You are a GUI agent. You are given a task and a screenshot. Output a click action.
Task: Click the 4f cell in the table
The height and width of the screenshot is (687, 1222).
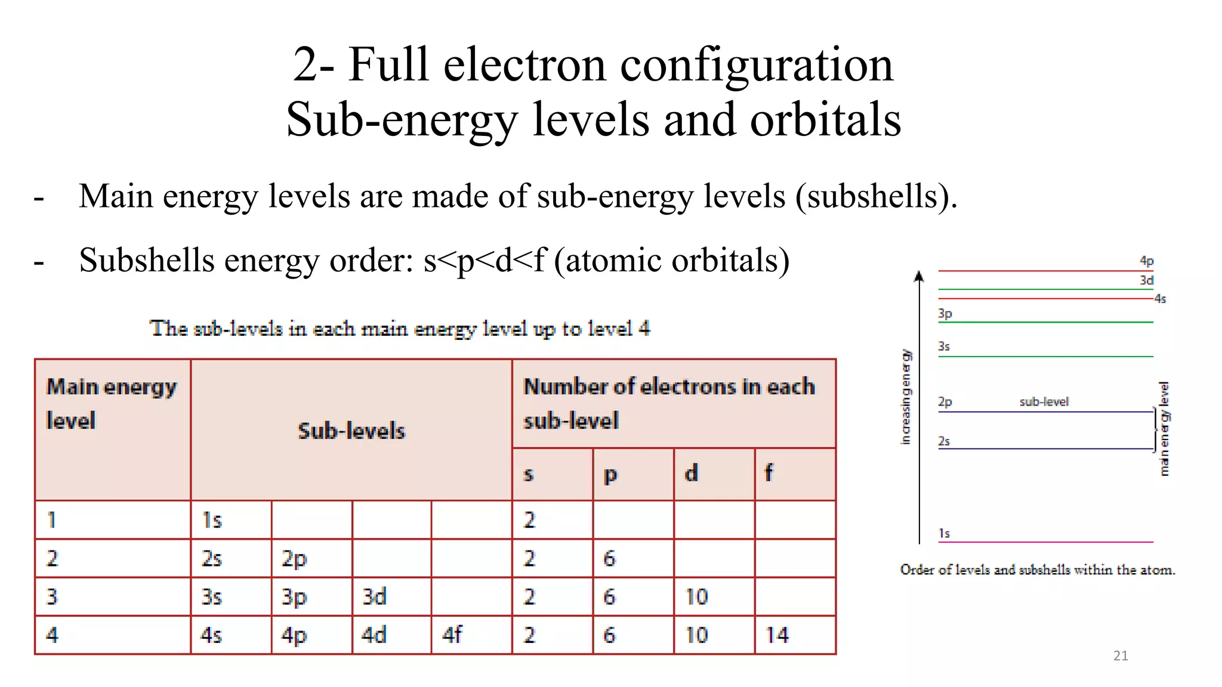(x=452, y=635)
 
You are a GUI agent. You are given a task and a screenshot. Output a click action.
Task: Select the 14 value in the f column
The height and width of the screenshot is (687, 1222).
(x=777, y=635)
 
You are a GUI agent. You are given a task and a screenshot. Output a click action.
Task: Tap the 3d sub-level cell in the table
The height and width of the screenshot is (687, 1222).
(x=374, y=596)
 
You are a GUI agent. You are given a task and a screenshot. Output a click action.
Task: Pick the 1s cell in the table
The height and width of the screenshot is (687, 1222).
(x=212, y=520)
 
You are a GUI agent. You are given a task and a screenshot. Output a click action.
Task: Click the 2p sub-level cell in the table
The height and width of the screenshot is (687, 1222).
(x=294, y=559)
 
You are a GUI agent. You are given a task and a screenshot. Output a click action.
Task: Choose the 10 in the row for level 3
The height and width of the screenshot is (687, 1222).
(x=696, y=596)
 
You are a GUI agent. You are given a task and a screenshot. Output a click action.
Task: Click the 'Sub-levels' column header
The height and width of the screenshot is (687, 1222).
(x=351, y=431)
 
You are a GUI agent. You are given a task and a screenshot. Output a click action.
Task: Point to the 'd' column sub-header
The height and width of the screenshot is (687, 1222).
(x=691, y=474)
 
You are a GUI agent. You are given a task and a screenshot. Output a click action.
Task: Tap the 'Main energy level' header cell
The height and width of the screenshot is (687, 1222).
(x=112, y=404)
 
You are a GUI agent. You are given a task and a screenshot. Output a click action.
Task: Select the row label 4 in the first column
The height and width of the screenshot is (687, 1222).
(x=53, y=635)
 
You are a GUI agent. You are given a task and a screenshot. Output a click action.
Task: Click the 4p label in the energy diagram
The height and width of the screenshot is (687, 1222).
(x=1146, y=261)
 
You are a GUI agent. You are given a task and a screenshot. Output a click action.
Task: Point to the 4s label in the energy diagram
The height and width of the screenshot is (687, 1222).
(x=1160, y=299)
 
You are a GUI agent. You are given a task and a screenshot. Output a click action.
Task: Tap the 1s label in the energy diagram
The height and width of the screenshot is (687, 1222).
(x=944, y=533)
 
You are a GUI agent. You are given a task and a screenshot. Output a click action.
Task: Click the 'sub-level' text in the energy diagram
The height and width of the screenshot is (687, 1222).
(x=1044, y=402)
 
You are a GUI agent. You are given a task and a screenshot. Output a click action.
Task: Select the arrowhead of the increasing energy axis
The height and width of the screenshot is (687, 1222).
(x=919, y=276)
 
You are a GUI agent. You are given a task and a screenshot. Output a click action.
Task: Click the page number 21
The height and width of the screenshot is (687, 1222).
(x=1121, y=656)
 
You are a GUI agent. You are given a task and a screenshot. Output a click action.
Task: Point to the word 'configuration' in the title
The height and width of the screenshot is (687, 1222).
(x=757, y=64)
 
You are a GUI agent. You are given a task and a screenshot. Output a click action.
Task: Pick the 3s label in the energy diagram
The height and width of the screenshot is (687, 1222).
(x=944, y=346)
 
